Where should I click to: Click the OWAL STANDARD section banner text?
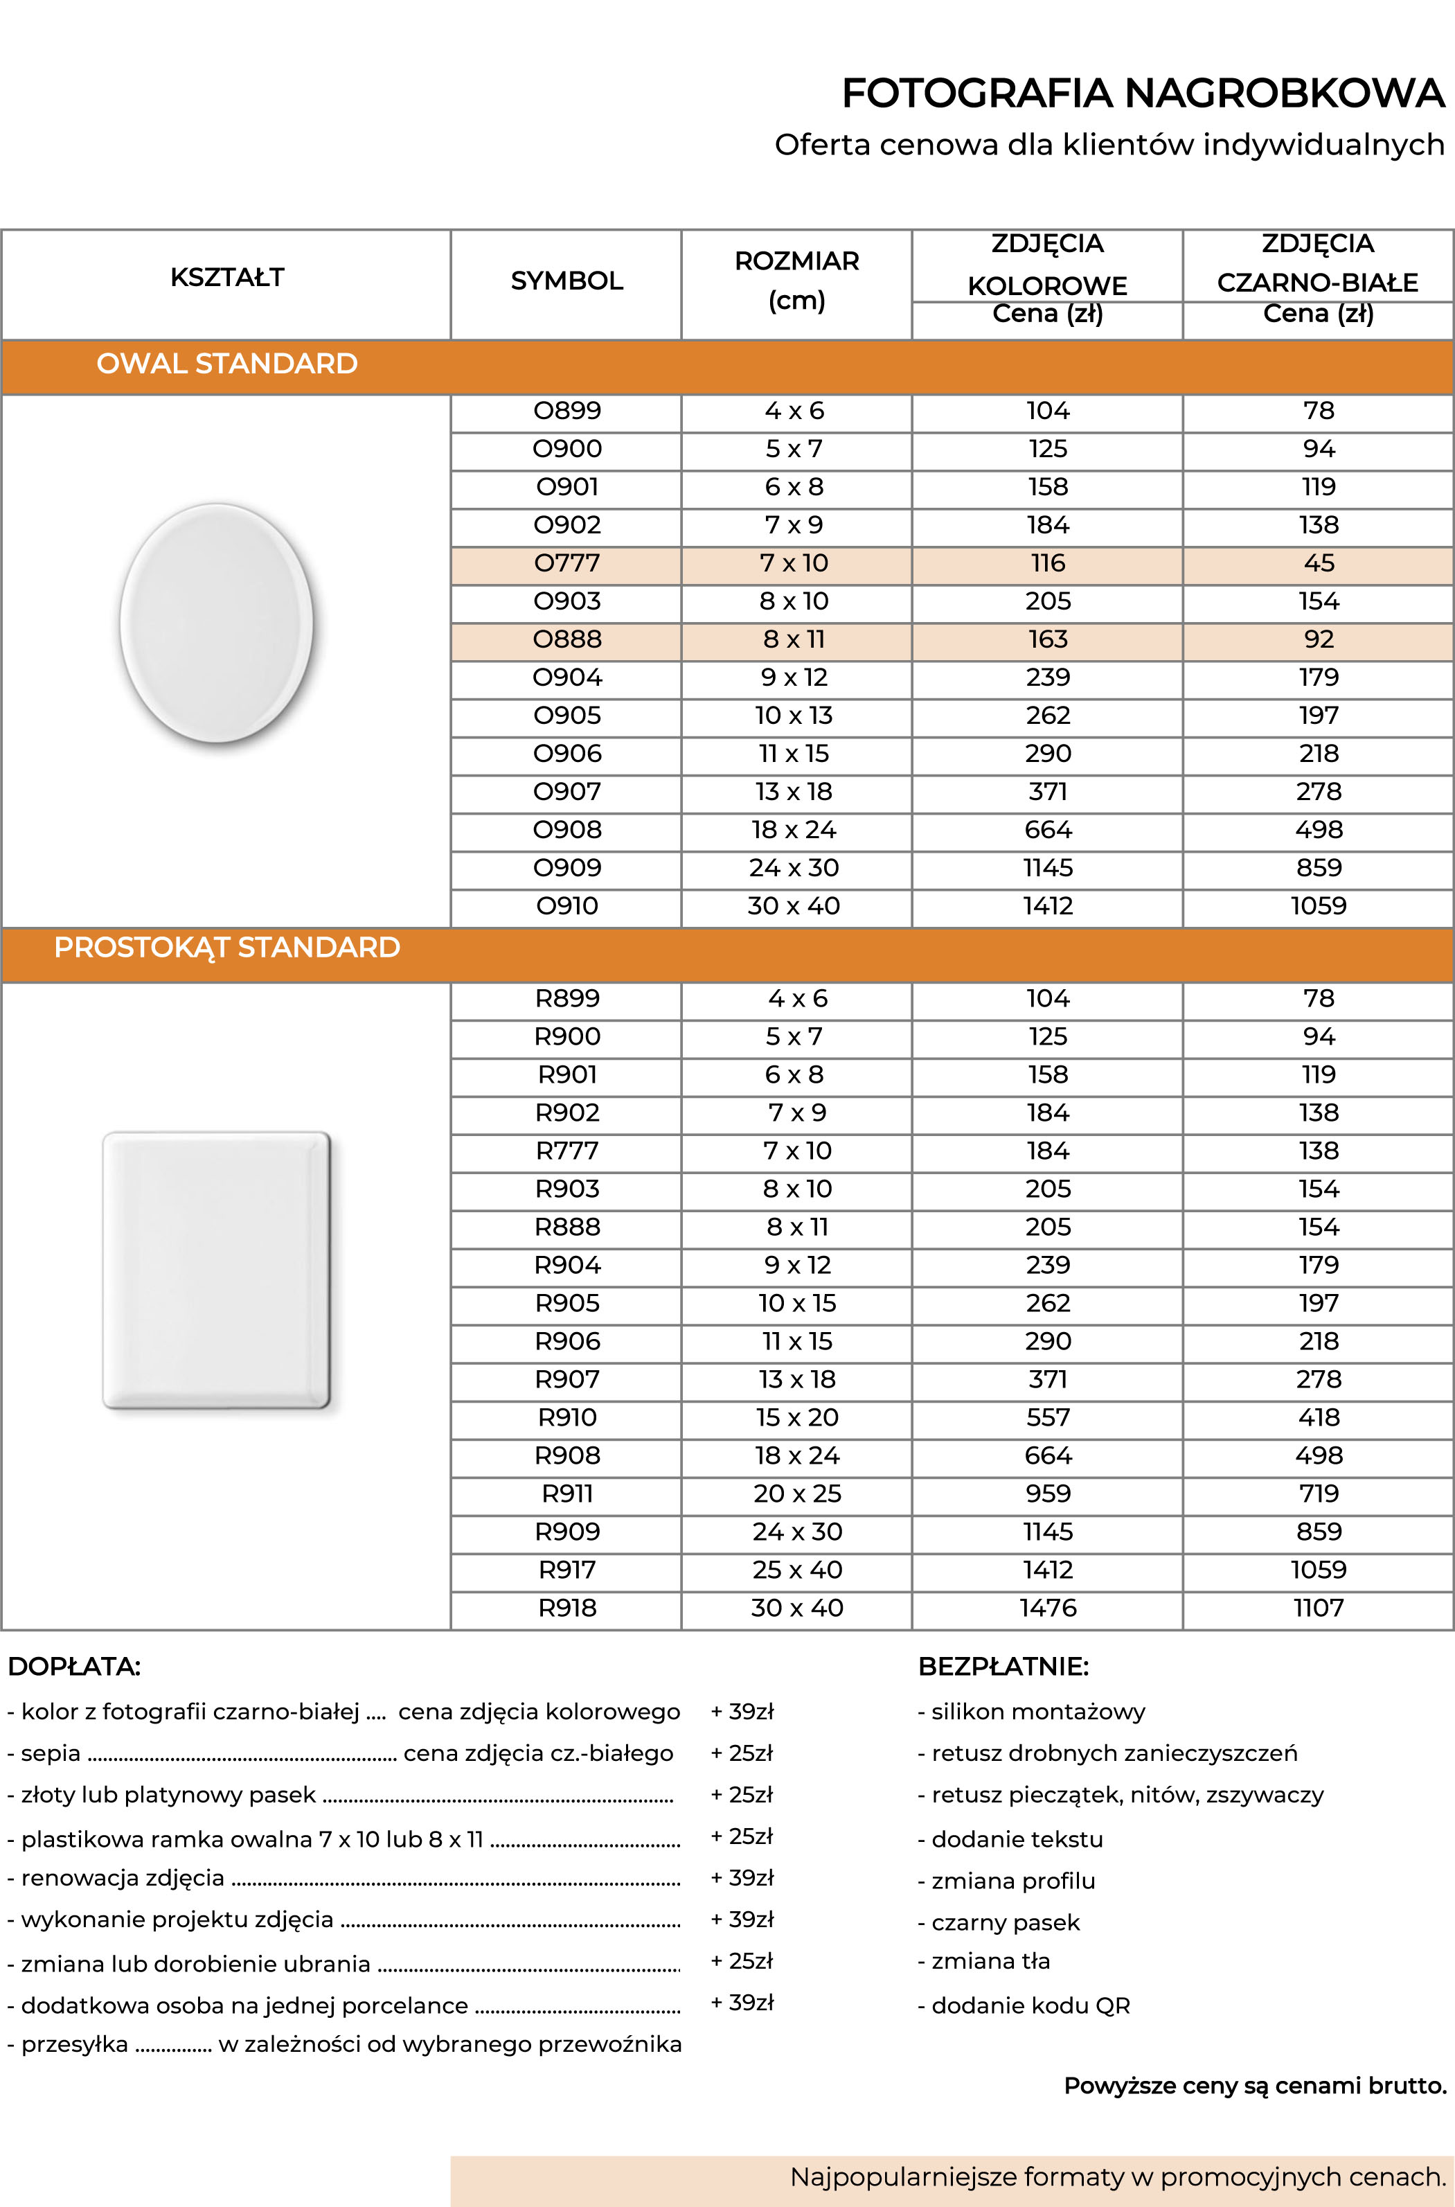(226, 363)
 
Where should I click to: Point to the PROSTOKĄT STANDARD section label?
(226, 947)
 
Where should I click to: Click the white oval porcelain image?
(216, 623)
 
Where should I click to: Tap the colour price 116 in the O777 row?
(1048, 562)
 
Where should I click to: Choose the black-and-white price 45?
(1318, 562)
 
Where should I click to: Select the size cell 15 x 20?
(796, 1417)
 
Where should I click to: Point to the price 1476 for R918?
(1048, 1608)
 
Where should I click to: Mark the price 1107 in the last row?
(1318, 1608)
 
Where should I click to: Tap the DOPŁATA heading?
(73, 1666)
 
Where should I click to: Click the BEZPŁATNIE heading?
(1002, 1666)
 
